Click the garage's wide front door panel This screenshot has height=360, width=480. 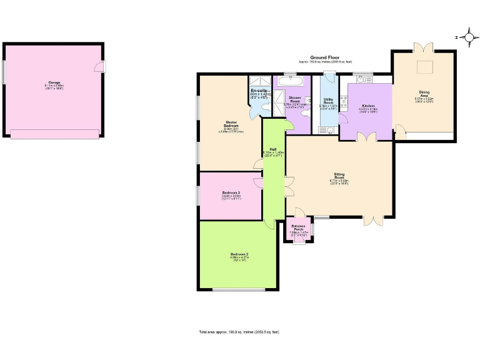click(x=54, y=134)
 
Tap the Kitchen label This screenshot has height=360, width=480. click(x=368, y=106)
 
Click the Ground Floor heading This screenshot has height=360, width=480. click(x=324, y=57)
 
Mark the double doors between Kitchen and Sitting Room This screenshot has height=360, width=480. click(x=366, y=137)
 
